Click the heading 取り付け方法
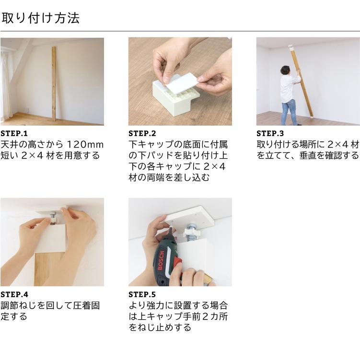click(40, 18)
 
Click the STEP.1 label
click(14, 133)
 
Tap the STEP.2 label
click(142, 133)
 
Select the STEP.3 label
click(270, 133)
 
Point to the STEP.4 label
click(14, 294)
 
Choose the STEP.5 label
click(142, 294)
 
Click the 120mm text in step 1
click(85, 145)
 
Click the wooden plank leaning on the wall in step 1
click(54, 83)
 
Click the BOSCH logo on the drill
click(161, 261)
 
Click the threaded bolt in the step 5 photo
click(191, 232)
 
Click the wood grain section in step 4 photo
click(49, 268)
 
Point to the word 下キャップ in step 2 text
click(151, 145)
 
